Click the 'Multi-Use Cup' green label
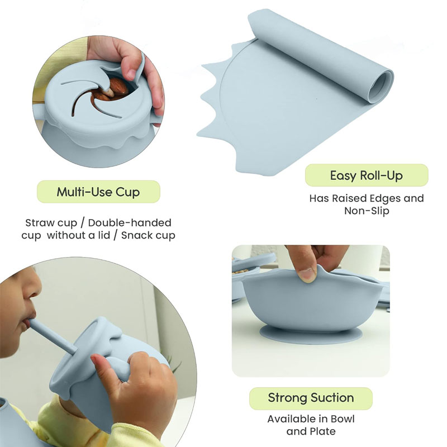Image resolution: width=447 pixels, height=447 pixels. tap(98, 192)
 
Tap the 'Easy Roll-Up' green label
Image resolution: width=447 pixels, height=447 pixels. tap(367, 175)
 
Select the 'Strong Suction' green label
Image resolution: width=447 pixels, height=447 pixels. tap(311, 398)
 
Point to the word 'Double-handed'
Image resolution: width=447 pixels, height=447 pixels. tap(130, 222)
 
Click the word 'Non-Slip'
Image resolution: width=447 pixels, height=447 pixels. tap(367, 211)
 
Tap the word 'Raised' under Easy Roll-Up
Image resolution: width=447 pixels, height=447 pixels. tap(349, 198)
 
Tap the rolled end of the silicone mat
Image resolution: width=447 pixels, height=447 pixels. tap(381, 85)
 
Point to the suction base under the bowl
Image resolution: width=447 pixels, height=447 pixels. tap(311, 334)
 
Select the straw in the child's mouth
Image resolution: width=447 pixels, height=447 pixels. tap(53, 336)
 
